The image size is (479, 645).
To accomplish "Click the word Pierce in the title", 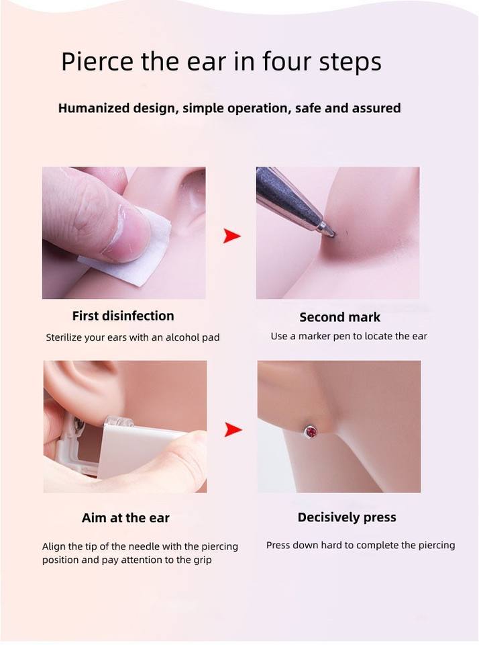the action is tap(97, 62).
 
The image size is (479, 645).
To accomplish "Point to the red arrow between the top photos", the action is tap(231, 236).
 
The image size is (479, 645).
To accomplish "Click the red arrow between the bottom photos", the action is tap(233, 429).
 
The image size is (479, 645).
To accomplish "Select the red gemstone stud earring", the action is tap(312, 432).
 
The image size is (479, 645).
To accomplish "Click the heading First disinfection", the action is tap(123, 316).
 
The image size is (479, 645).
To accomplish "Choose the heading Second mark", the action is tap(339, 317).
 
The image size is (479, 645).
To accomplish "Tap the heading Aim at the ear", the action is tap(125, 517).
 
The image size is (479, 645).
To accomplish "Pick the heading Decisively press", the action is tap(347, 517).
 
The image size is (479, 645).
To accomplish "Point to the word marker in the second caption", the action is tap(314, 336).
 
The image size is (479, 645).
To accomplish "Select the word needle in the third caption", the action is tap(143, 546).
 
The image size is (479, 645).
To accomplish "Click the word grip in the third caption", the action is tap(202, 560).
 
